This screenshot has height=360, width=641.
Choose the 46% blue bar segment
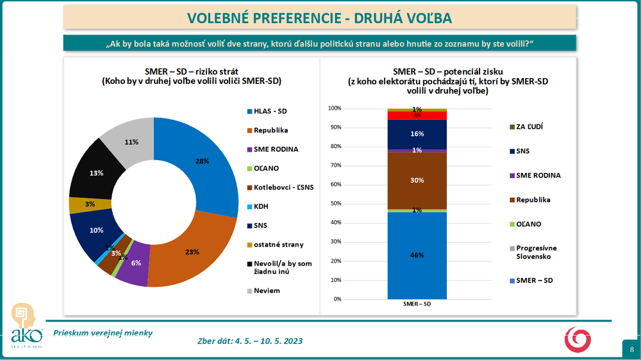417,255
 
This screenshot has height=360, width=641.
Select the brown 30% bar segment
417,181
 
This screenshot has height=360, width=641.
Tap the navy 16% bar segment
417,134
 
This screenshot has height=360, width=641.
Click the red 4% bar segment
417,115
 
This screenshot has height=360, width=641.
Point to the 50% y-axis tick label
336,204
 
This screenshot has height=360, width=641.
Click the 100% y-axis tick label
335,108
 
